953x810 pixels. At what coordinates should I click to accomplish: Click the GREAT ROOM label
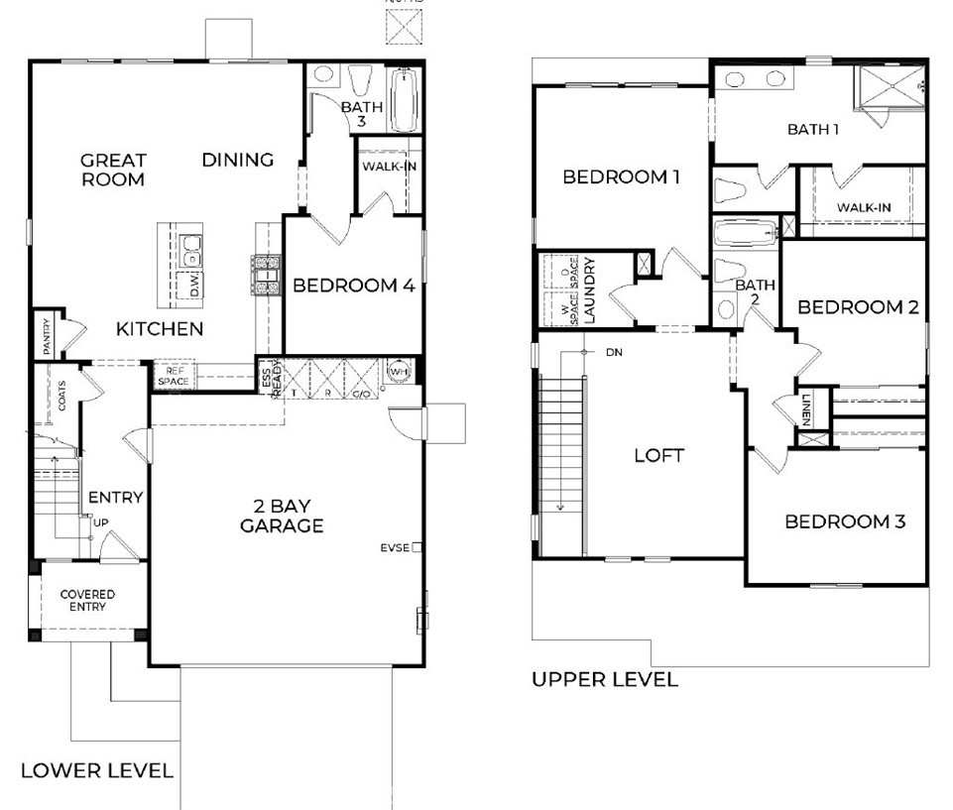point(113,170)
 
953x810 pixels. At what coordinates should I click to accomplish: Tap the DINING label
point(238,160)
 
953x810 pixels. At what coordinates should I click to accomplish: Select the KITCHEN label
point(161,329)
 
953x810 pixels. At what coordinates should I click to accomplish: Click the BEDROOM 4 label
point(353,286)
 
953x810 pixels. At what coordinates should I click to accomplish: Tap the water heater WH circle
point(400,370)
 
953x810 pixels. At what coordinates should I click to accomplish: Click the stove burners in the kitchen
point(267,276)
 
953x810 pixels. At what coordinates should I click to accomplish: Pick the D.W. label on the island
point(195,286)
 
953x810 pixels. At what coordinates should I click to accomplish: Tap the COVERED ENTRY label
point(87,601)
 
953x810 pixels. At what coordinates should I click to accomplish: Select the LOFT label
point(658,456)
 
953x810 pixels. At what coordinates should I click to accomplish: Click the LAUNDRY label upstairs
point(590,290)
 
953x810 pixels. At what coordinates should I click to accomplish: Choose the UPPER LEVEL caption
point(605,680)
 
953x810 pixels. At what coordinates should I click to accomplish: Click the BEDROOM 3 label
point(844,521)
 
